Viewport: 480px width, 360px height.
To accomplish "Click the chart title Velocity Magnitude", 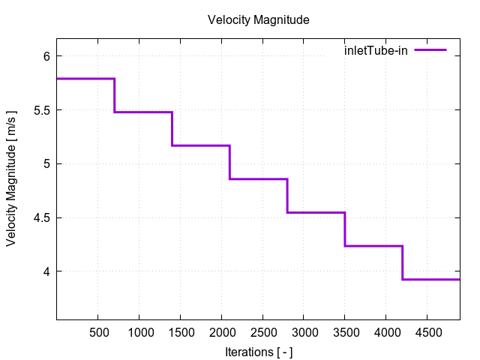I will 258,20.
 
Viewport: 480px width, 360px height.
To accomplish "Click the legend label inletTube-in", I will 376,50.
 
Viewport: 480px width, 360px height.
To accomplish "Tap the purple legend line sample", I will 430,50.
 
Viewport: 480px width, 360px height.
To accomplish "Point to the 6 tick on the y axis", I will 46,56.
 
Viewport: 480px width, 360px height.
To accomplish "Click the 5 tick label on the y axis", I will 46,164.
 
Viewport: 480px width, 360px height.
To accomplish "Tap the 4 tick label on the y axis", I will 46,271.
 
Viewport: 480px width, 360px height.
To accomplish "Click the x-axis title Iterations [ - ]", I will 258,351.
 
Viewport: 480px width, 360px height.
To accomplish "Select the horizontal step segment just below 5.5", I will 143,112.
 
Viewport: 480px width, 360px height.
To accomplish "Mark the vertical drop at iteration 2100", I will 229,162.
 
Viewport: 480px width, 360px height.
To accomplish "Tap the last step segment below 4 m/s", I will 430,279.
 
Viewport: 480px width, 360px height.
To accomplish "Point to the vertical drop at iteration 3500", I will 344,229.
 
